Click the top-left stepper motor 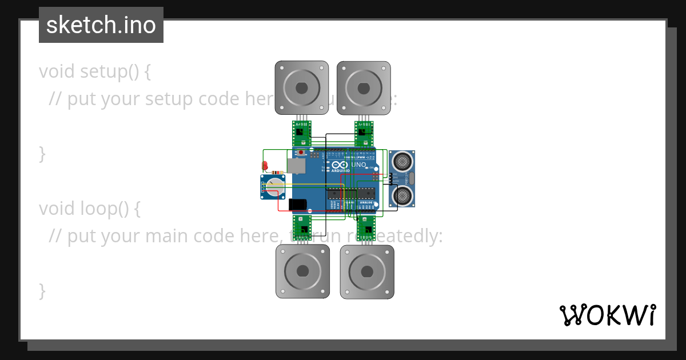pos(301,88)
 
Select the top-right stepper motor pos(364,88)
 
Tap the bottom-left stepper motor pos(302,271)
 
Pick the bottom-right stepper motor pos(366,271)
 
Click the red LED pos(265,166)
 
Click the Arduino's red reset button pos(301,153)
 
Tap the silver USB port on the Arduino pos(296,166)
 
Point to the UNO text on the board pos(358,165)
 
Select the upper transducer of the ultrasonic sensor pos(402,161)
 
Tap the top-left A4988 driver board pos(301,134)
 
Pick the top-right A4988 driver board pos(364,134)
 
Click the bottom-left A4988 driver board pos(302,227)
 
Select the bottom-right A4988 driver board pos(366,227)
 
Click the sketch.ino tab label pos(101,25)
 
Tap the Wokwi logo pos(608,315)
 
